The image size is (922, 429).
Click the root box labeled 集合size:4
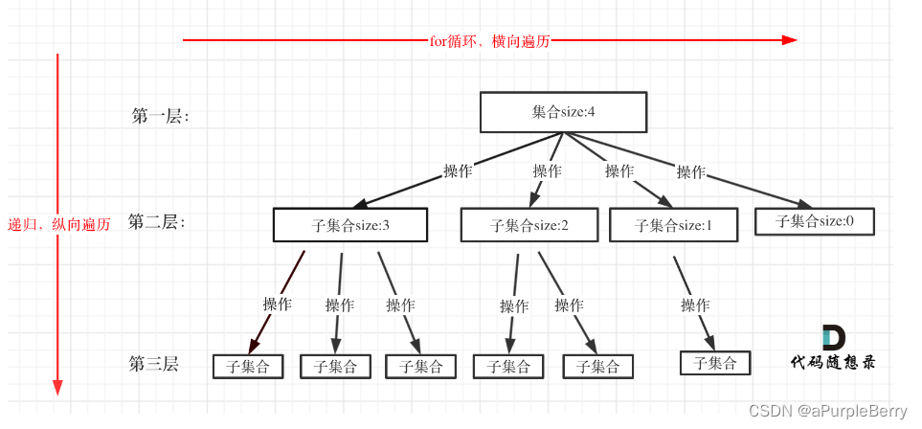click(563, 112)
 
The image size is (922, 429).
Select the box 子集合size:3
click(349, 225)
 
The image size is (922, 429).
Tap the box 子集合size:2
click(529, 225)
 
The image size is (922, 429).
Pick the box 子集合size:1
click(674, 225)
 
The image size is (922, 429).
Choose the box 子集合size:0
click(814, 221)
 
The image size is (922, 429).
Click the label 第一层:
click(160, 116)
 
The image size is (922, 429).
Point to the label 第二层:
click(157, 222)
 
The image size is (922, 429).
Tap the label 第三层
click(154, 364)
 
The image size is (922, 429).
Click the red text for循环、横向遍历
click(490, 41)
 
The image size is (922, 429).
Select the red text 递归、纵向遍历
click(59, 224)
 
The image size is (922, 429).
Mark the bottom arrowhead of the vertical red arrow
click(57, 387)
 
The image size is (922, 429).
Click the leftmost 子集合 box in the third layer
click(248, 366)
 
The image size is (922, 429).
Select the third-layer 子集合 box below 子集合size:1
click(714, 363)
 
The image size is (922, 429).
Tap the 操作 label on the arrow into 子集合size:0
click(691, 172)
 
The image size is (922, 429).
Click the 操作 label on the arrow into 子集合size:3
click(458, 170)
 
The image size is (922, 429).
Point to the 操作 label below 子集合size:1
click(695, 305)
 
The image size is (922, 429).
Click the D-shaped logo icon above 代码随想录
click(833, 338)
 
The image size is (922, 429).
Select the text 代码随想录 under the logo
click(832, 363)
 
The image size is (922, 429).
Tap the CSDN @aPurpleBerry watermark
click(827, 411)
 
